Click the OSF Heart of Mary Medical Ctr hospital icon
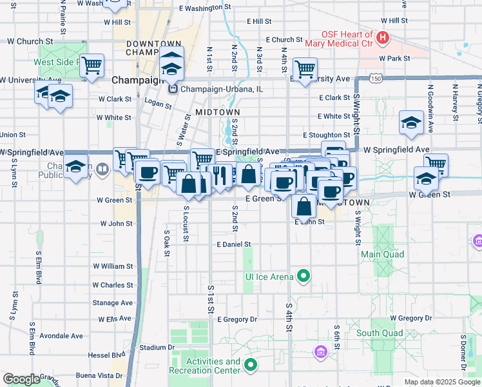tap(384, 38)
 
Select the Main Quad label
tap(382, 254)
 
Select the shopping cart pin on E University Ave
tap(305, 68)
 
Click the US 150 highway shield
tap(376, 78)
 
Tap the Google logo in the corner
tap(21, 379)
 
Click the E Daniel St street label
tap(233, 245)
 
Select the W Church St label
tap(21, 41)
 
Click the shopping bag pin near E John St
tap(304, 206)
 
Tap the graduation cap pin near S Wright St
tap(411, 123)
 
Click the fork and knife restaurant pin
tap(220, 175)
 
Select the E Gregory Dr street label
tap(237, 319)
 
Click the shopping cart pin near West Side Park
tap(92, 64)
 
